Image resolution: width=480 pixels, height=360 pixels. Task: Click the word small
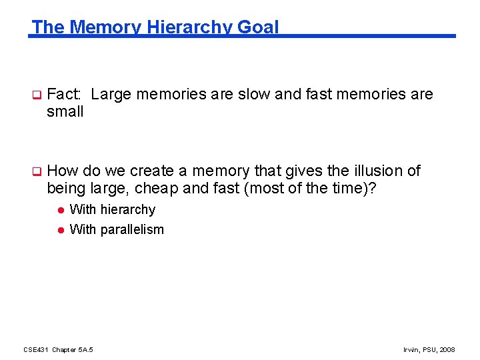(x=65, y=112)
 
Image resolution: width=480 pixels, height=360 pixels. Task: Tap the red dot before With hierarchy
(x=59, y=210)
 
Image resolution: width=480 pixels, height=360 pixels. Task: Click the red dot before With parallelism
(x=59, y=230)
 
